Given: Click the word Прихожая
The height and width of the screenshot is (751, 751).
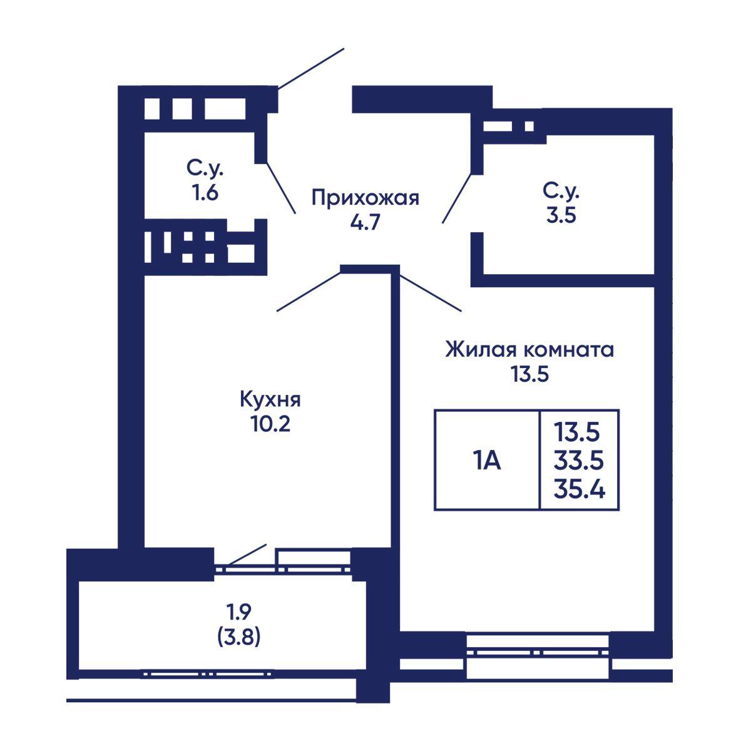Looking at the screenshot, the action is (x=365, y=199).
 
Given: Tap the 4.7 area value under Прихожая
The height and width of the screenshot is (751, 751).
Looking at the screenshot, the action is (x=365, y=223).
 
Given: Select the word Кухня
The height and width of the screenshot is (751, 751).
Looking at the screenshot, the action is (x=270, y=400).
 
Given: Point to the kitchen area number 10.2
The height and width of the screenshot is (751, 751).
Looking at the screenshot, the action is (x=271, y=424).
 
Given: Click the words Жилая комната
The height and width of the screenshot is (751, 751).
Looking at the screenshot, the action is (x=529, y=350).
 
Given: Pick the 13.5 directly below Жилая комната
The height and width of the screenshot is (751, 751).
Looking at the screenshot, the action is (x=529, y=374).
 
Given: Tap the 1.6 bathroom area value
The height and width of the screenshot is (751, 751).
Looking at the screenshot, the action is (x=205, y=193).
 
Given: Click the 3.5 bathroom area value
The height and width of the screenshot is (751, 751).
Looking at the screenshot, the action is (x=561, y=215).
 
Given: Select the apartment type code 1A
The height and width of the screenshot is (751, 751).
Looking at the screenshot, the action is (x=487, y=462).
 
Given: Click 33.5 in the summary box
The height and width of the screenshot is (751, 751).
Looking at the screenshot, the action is (x=579, y=461).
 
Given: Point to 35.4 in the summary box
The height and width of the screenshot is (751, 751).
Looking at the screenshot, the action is (x=580, y=489).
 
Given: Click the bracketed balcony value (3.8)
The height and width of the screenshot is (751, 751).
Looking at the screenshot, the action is (x=238, y=638).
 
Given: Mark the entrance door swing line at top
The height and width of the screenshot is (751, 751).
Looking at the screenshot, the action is (x=310, y=68).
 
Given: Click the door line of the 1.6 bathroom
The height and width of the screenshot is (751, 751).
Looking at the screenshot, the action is (x=280, y=188).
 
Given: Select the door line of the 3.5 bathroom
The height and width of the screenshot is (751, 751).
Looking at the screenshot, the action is (x=457, y=198).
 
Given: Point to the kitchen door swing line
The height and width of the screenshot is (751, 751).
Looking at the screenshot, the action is (x=309, y=292).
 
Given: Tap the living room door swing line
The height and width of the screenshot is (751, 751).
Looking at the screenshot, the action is (x=430, y=292).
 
